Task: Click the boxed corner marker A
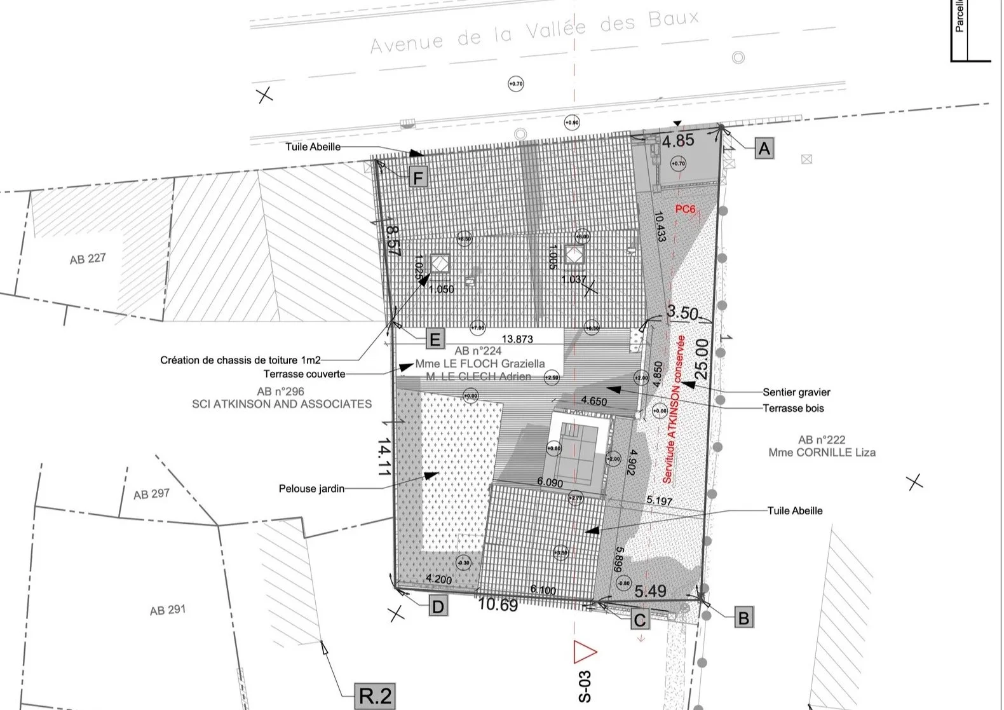764,149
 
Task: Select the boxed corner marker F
418,178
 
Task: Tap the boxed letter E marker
435,339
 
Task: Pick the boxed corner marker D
438,606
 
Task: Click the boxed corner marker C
640,620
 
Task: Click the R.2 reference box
375,695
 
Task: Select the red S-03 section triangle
585,652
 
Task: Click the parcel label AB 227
88,259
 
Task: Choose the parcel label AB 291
168,610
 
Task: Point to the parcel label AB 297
151,494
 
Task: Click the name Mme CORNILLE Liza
822,453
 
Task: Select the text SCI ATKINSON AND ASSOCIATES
282,404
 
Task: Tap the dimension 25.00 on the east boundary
701,359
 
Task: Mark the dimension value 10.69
498,604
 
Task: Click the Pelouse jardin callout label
311,489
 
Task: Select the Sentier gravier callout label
796,392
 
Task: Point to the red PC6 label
685,208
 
